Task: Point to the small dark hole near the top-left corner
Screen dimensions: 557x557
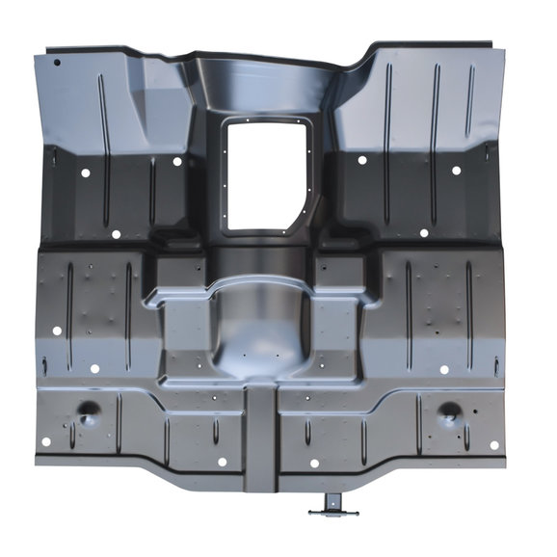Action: click(x=57, y=63)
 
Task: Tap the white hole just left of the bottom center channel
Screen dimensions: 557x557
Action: click(x=222, y=462)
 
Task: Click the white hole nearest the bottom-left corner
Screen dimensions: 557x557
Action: click(x=45, y=442)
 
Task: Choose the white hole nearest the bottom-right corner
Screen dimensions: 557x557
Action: click(x=494, y=445)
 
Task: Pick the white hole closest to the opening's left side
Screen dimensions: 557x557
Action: click(x=177, y=161)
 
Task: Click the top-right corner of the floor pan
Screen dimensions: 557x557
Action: click(x=497, y=44)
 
